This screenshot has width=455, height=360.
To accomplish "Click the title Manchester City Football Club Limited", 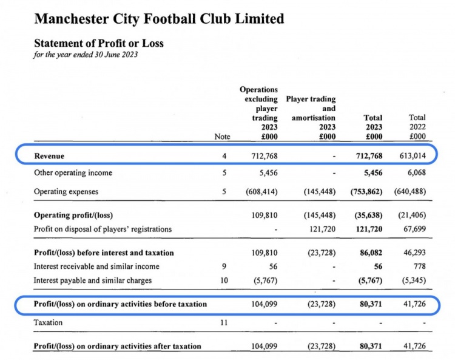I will [x=159, y=19].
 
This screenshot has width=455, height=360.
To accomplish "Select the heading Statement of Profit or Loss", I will [x=98, y=44].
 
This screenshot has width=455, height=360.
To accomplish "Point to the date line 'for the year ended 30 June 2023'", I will [x=86, y=55].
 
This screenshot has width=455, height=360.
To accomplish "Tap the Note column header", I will [x=223, y=137].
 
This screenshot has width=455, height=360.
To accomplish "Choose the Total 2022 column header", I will [x=417, y=127].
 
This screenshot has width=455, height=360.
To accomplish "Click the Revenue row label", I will [x=50, y=156].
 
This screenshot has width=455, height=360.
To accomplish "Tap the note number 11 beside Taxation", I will [x=223, y=322].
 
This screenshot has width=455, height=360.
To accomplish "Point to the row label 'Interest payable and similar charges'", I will [x=92, y=280].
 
